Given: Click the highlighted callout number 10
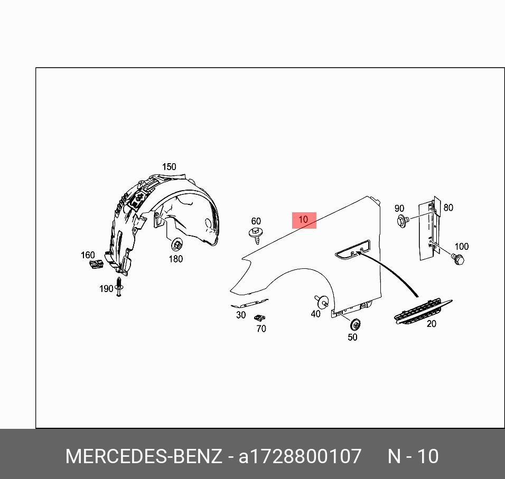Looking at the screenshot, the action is (304, 220).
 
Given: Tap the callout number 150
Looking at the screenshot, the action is (169, 167).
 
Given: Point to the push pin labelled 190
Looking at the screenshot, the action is (119, 286).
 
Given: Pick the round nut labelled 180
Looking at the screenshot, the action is (177, 245).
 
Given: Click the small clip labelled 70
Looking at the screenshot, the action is (259, 318).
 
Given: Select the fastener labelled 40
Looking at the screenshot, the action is (322, 302).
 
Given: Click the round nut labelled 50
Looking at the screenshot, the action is (354, 324).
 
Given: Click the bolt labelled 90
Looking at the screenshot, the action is (403, 220).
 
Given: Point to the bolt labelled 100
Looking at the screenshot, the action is (457, 259).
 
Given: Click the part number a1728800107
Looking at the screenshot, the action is (300, 456).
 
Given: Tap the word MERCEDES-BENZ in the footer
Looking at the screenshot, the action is (143, 456).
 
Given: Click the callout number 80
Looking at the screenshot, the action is (448, 208).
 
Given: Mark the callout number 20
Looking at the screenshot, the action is (432, 324).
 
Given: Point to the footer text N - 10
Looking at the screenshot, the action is (413, 456).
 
